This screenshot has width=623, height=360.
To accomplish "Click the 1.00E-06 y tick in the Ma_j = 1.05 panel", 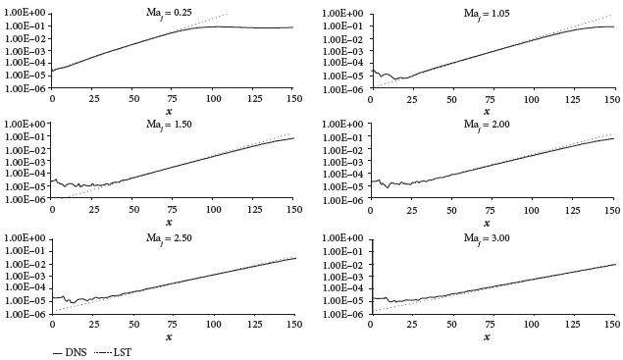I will click(x=345, y=88).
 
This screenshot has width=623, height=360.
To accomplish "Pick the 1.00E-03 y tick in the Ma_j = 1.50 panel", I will click(x=26, y=162).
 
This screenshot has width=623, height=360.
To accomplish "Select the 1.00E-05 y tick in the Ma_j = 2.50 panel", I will click(x=26, y=301).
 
